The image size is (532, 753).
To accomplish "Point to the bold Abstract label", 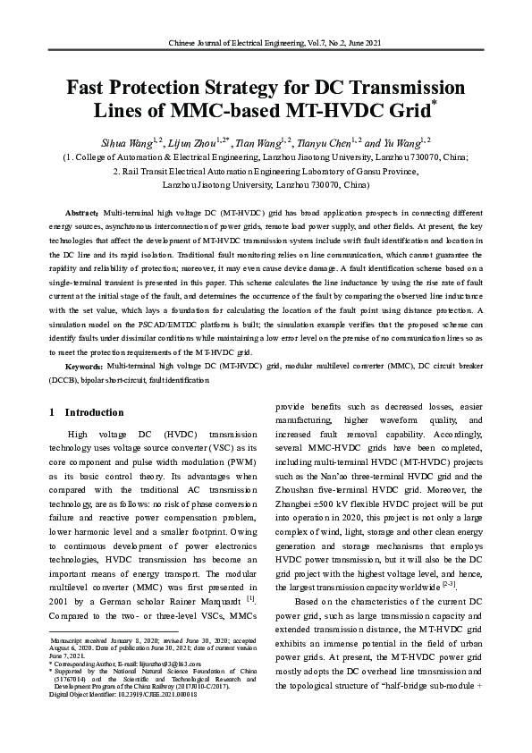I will coord(82,214).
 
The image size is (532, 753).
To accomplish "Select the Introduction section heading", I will coord(92,412).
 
